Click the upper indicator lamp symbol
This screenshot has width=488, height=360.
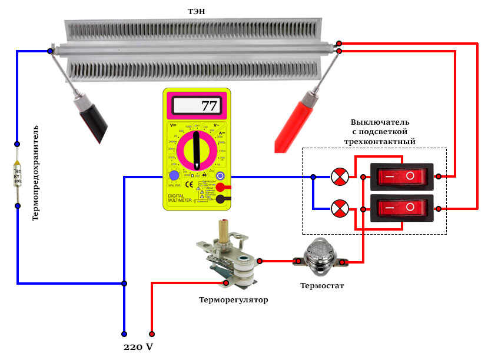point(340,176)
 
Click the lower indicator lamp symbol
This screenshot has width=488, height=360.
point(340,208)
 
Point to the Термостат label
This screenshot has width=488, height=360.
point(321,286)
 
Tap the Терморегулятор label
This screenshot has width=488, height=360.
point(233,300)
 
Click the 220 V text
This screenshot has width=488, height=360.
point(138,346)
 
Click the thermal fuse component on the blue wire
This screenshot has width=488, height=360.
point(17,175)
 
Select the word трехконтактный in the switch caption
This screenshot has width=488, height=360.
point(379,142)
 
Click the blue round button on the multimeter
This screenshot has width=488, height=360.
point(174,176)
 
